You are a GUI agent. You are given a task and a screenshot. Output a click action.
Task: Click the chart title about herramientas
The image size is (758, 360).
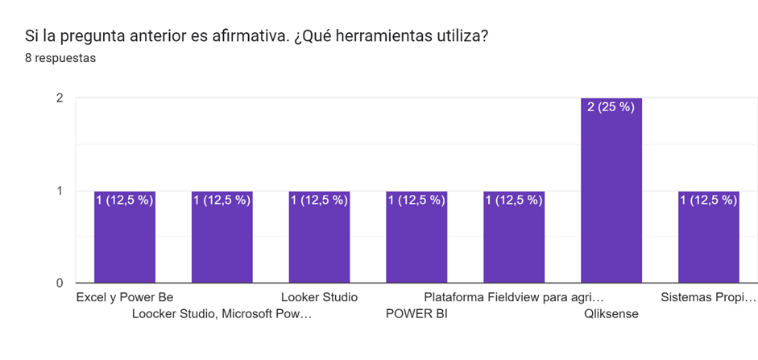tap(256, 37)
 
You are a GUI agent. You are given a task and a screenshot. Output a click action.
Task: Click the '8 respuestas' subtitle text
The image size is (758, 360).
tap(60, 59)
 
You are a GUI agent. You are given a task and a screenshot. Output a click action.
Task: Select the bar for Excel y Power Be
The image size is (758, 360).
tap(125, 242)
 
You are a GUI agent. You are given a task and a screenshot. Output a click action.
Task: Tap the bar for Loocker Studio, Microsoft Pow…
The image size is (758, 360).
tap(222, 242)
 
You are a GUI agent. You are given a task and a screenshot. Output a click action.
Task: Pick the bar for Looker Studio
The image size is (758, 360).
tap(320, 242)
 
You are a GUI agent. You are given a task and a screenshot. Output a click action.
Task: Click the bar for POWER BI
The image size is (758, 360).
tap(416, 242)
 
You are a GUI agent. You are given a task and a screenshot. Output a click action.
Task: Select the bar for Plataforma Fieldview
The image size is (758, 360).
tap(514, 242)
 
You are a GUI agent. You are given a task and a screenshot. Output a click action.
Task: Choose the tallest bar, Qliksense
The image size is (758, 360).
tap(611, 193)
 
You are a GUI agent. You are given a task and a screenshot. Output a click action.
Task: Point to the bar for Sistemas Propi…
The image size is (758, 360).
tap(709, 242)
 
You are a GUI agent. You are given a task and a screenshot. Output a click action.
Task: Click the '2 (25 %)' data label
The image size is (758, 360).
tap(611, 106)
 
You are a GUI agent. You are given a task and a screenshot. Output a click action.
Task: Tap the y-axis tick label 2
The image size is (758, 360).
tap(60, 98)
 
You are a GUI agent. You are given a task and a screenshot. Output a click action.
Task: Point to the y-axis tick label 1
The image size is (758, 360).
tap(60, 191)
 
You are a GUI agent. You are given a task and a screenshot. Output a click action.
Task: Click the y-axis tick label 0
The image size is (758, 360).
tap(60, 283)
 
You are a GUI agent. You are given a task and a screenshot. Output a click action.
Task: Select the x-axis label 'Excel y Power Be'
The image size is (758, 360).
tap(125, 297)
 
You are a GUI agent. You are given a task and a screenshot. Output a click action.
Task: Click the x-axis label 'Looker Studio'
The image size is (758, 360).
tap(319, 297)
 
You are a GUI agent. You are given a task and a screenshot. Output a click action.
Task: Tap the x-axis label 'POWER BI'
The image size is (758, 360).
tap(416, 314)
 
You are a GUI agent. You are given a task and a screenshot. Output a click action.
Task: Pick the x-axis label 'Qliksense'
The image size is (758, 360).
tap(611, 314)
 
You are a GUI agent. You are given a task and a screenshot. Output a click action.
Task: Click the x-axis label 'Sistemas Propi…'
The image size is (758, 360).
tap(709, 297)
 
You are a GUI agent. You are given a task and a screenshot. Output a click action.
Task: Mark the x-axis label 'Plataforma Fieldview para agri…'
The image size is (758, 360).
tap(514, 297)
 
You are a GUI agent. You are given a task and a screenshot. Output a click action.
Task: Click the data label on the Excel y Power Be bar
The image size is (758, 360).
tap(125, 200)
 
